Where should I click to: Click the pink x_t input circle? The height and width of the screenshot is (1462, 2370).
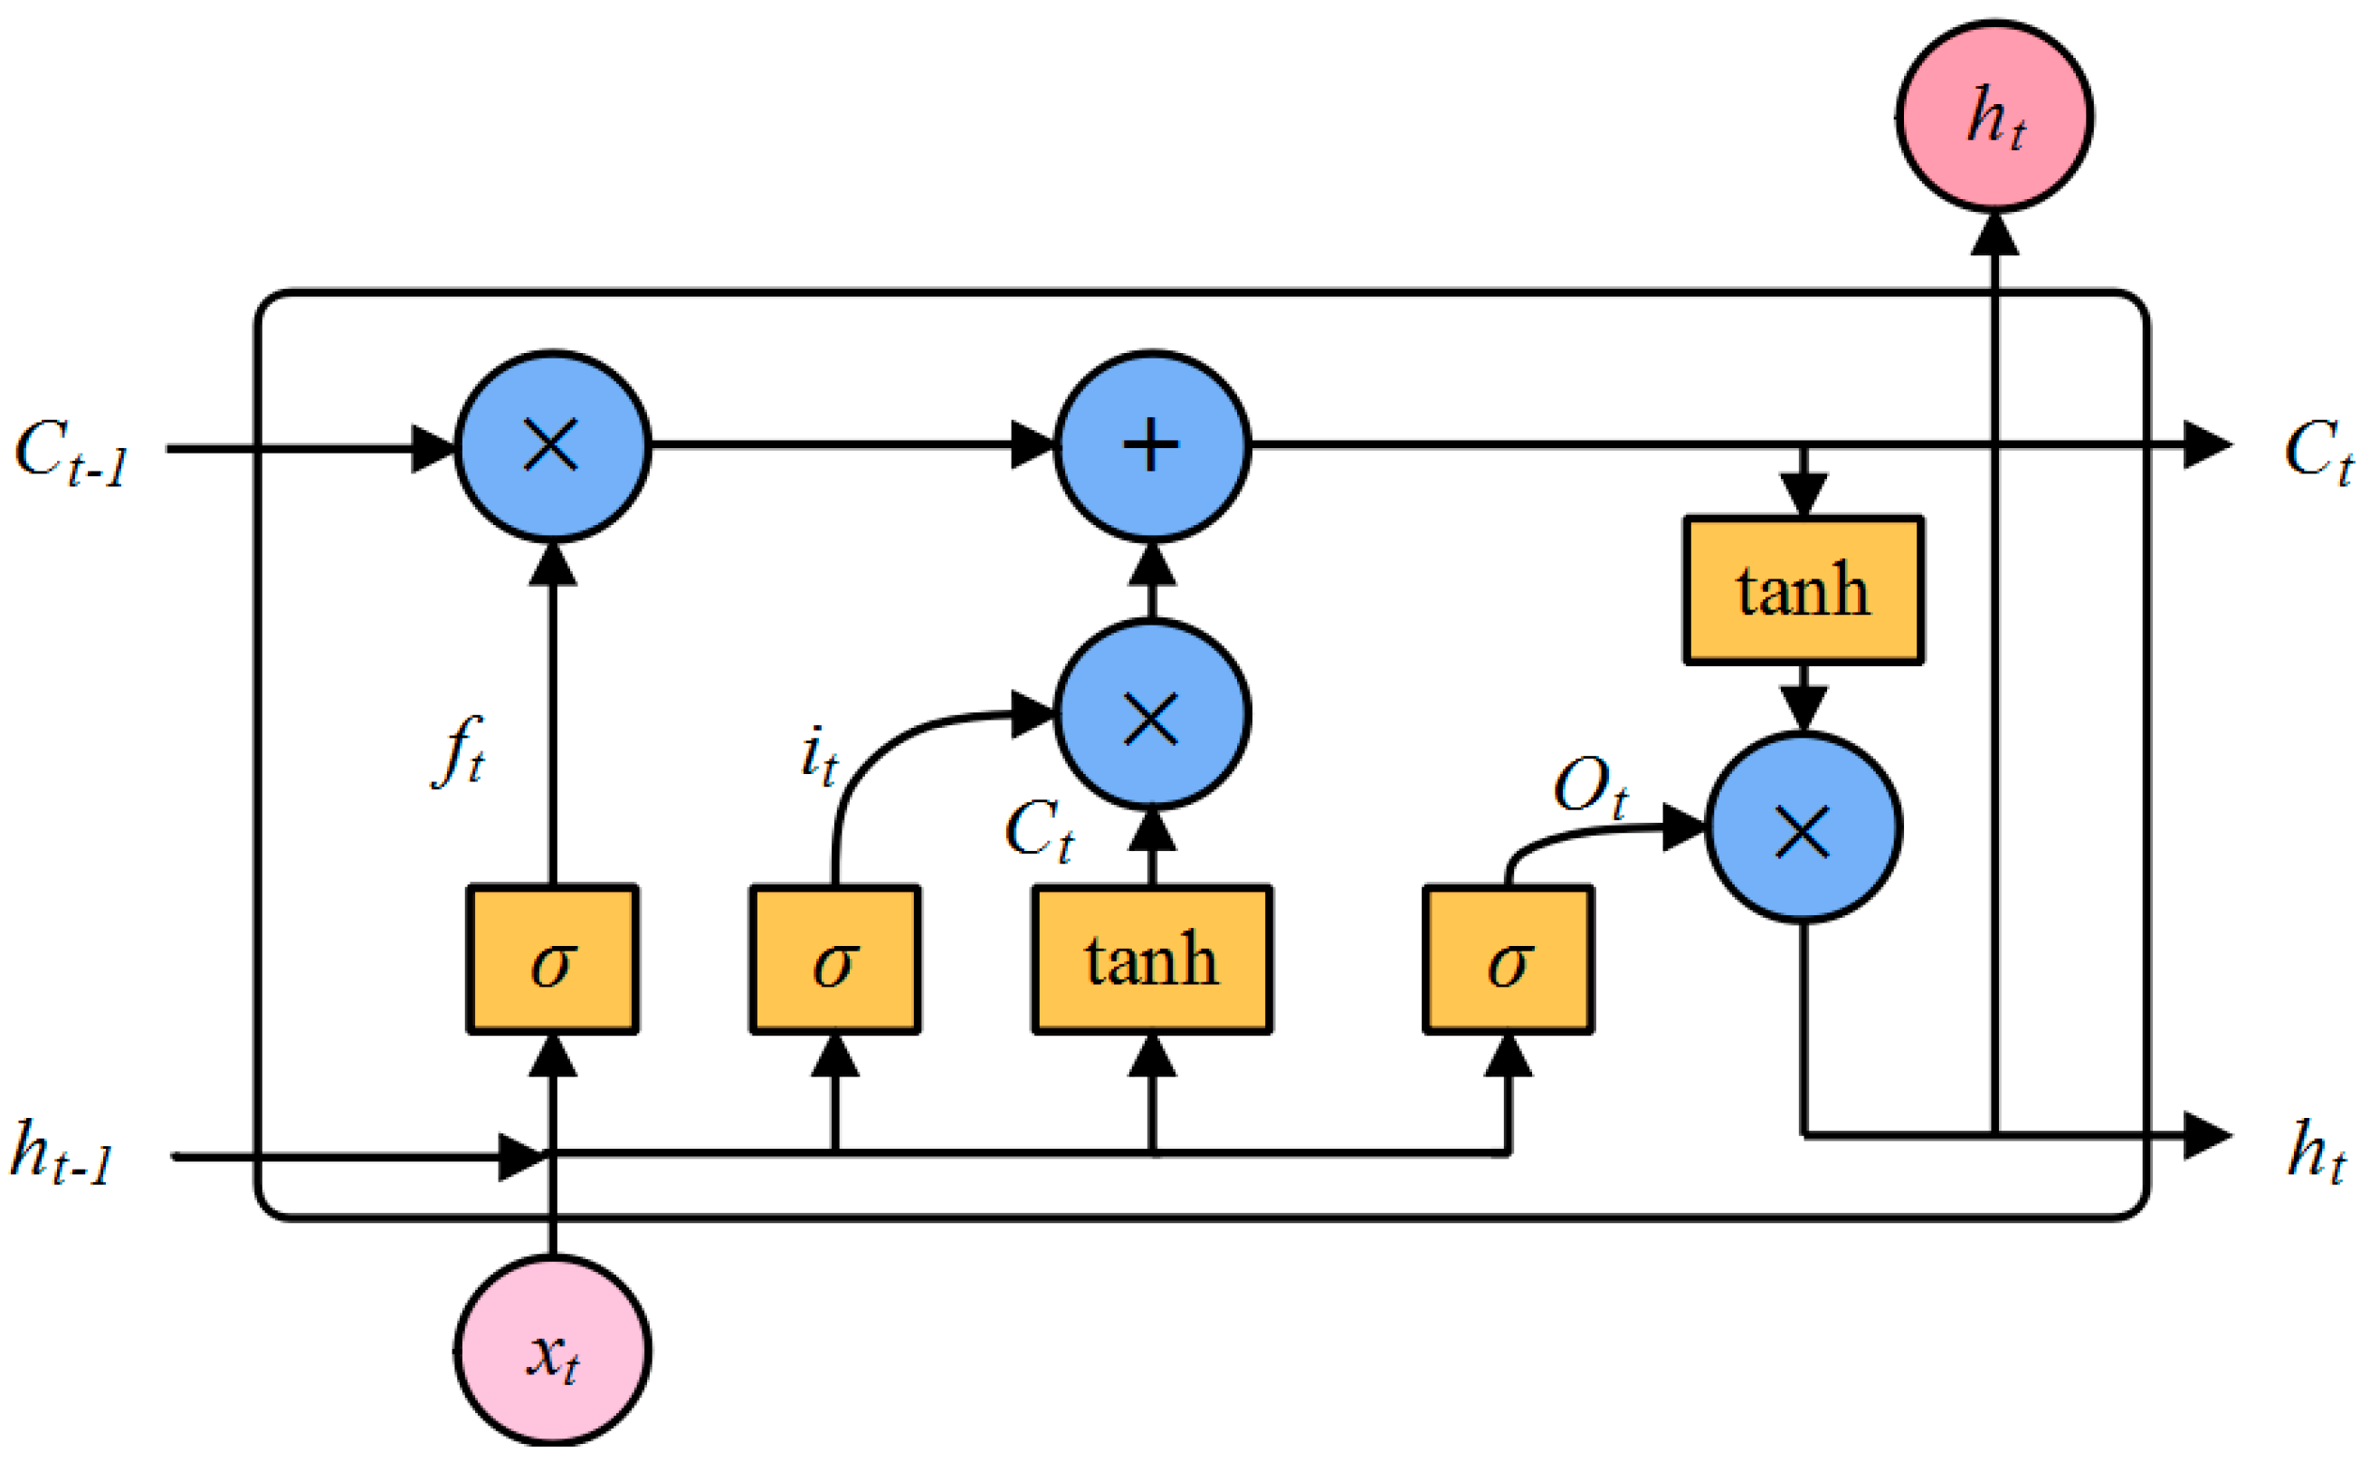[x=552, y=1351]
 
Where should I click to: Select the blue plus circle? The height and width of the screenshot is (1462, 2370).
[x=1151, y=445]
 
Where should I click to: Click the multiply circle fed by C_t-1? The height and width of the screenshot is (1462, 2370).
[x=552, y=445]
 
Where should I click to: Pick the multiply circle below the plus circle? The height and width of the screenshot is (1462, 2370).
[x=1151, y=714]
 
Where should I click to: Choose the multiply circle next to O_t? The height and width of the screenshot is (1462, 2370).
[x=1803, y=828]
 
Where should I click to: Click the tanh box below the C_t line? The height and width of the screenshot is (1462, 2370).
[x=1803, y=590]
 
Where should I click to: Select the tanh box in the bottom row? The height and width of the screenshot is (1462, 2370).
[x=1151, y=960]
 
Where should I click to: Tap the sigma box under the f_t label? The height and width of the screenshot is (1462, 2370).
[x=552, y=960]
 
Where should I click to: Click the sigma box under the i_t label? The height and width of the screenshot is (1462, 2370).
[x=834, y=960]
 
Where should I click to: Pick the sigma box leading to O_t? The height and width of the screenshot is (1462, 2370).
[x=1508, y=960]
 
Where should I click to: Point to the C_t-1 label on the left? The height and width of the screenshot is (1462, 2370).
[x=71, y=453]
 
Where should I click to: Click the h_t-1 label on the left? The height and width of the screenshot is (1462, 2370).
[x=61, y=1153]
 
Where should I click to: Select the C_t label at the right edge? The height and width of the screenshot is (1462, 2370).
[x=2317, y=453]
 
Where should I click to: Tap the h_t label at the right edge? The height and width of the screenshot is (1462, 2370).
[x=2316, y=1153]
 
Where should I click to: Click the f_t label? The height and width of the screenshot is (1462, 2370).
[x=458, y=752]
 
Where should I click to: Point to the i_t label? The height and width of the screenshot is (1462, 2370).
[x=819, y=756]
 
